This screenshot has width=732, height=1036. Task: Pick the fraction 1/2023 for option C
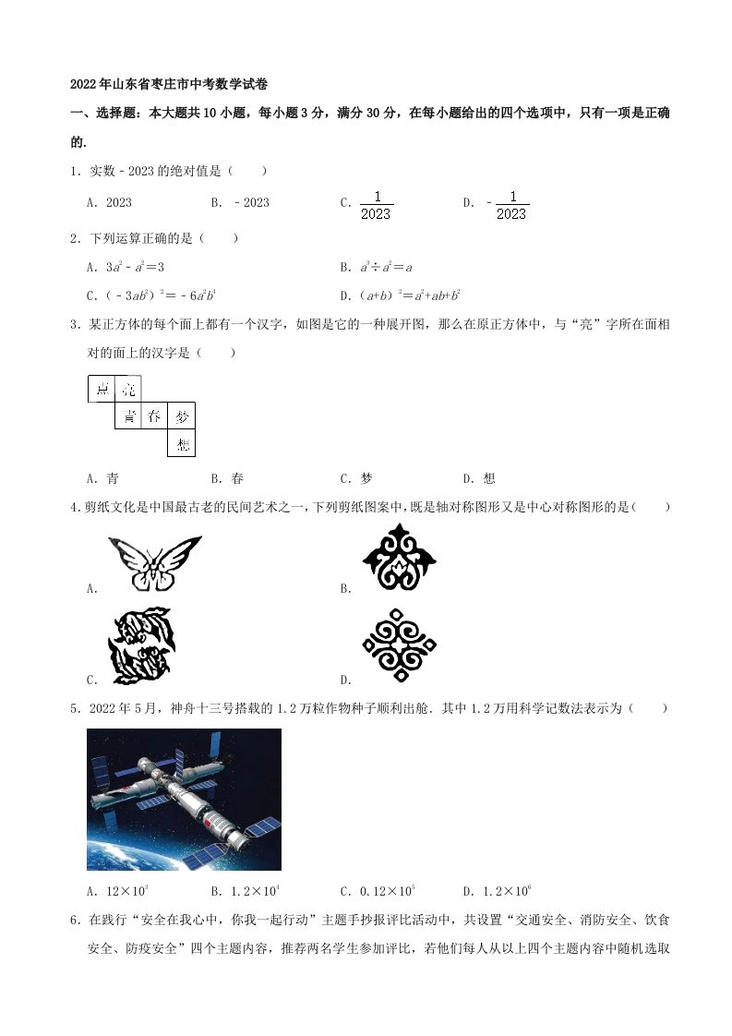(376, 204)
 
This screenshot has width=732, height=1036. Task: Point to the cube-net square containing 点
(102, 390)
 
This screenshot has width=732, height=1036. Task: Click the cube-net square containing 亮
(128, 390)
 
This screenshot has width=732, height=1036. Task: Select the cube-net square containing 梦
(182, 416)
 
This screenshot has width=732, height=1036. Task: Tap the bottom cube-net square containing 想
(182, 444)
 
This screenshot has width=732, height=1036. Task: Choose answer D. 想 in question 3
(479, 478)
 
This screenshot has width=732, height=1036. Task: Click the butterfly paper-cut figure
(154, 562)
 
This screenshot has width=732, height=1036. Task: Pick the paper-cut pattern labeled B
(399, 557)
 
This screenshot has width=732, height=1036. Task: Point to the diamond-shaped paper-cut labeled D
(399, 645)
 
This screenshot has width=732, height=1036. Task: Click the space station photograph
(184, 799)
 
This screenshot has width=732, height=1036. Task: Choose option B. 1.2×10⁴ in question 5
(245, 891)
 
